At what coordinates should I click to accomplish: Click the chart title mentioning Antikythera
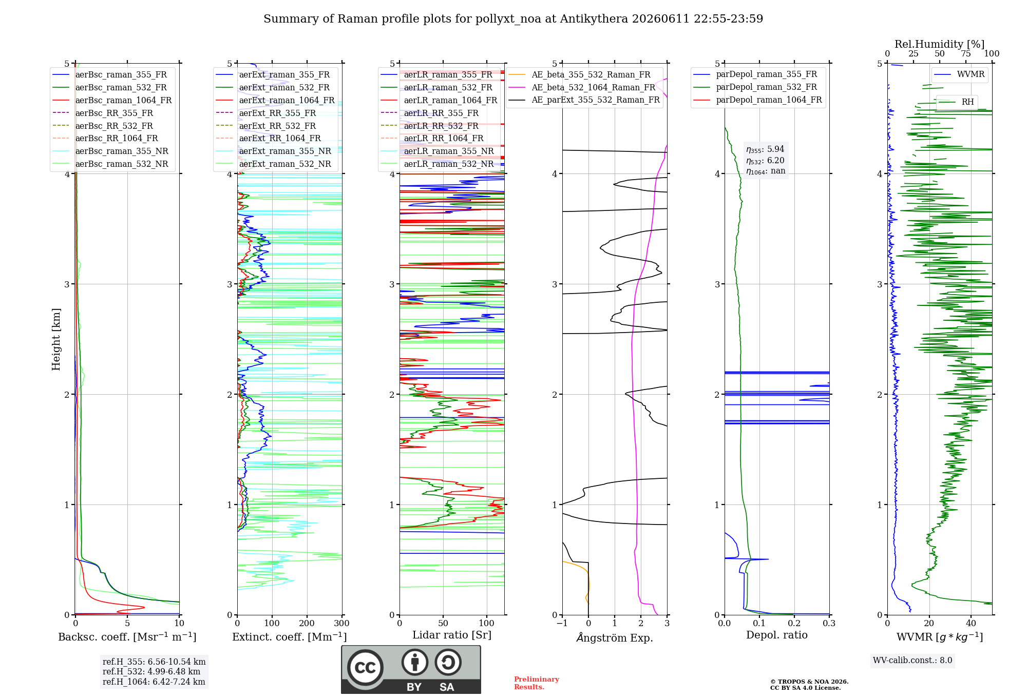513,19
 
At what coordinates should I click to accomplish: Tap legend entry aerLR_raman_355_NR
437,151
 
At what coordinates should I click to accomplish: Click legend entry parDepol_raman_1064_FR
757,100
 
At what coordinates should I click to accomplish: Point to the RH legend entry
956,102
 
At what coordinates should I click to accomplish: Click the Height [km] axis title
56,339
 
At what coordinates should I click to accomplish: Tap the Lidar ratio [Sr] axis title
452,635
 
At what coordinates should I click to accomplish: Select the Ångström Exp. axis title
615,637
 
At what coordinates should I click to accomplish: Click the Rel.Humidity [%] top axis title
940,44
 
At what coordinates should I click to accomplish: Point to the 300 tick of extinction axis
342,623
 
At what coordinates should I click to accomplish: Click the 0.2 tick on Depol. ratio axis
794,623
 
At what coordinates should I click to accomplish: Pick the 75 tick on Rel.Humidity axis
966,53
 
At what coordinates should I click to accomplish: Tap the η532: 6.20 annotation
765,160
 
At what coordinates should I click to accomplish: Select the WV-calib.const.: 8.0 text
912,661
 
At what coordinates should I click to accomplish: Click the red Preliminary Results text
537,683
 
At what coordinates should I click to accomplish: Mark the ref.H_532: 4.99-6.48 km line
151,671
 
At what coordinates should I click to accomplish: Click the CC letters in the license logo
365,668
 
